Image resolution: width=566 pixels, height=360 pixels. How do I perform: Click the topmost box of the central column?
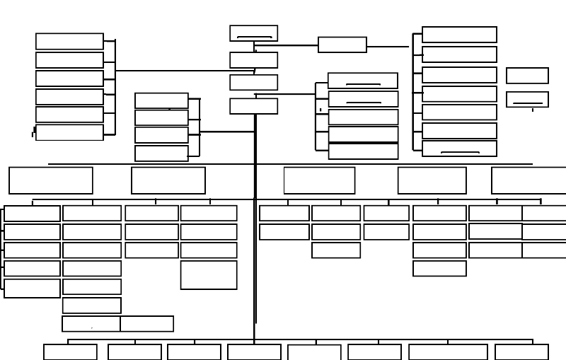253,33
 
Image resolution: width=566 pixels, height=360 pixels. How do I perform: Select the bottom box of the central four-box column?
253,106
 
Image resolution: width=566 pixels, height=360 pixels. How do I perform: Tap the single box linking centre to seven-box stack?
342,45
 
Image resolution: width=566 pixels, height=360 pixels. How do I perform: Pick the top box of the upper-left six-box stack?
69,41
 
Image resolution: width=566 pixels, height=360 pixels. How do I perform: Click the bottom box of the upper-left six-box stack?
69,132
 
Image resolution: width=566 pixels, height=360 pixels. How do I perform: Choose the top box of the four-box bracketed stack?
161,100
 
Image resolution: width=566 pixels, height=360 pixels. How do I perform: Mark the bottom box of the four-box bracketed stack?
161,153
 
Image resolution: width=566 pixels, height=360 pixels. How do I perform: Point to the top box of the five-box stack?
362,81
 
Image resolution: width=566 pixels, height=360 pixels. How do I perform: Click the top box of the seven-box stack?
459,35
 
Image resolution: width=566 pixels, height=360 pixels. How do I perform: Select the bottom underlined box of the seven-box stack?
459,149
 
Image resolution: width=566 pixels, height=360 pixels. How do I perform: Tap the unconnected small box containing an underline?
527,99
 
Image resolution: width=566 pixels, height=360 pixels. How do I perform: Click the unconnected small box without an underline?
527,76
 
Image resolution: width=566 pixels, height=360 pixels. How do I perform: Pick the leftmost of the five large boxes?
51,180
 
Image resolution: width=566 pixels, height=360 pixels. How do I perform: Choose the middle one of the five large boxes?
319,180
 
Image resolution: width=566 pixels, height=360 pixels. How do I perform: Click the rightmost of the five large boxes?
529,180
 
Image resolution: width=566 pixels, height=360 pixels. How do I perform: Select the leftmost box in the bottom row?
70,352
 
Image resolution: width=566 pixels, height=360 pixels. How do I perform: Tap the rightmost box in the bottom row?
521,352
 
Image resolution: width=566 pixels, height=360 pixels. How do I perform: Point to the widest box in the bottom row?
448,352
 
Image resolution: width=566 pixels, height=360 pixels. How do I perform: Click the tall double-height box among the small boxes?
209,274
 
